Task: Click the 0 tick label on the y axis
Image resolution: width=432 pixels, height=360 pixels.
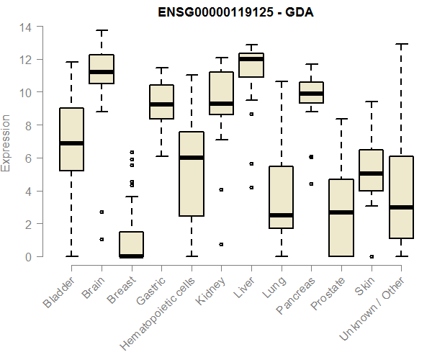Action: point(28,257)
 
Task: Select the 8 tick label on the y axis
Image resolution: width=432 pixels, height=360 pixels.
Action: point(28,125)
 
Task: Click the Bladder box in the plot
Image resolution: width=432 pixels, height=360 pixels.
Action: point(71,139)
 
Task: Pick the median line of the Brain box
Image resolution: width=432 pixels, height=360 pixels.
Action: point(102,72)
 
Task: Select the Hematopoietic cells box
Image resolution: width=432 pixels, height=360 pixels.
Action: point(192,174)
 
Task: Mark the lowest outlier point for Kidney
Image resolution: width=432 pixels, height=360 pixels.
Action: point(221,244)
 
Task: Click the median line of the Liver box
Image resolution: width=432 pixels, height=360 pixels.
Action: point(251,60)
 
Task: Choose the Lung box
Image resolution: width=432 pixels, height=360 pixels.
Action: point(281,197)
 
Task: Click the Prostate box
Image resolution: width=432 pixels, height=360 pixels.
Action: point(341,217)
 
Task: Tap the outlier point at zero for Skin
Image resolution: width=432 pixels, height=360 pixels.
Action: point(371,256)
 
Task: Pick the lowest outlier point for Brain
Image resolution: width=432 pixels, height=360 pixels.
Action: point(102,239)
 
